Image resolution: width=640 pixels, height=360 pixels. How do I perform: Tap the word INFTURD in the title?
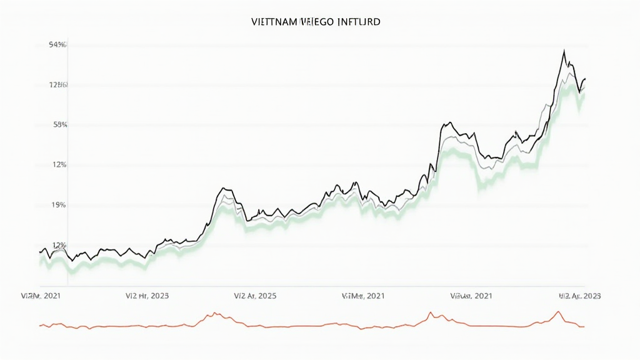click(359, 21)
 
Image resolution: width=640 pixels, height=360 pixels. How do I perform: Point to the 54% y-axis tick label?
click(57, 45)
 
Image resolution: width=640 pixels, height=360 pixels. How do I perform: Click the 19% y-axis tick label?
click(59, 205)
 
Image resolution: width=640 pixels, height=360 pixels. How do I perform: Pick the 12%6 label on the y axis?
click(58, 85)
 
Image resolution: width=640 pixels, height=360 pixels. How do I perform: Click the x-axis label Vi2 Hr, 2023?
click(147, 295)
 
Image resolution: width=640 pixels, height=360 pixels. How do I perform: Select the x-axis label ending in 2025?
click(255, 295)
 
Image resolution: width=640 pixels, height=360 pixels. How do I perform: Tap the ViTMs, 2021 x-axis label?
click(363, 295)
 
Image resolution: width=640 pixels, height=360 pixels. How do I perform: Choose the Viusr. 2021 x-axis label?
click(472, 295)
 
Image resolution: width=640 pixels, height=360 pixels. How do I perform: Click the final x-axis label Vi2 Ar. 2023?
click(579, 295)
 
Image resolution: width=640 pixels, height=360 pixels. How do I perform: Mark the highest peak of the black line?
click(564, 51)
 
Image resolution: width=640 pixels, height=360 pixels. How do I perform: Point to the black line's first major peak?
click(223, 187)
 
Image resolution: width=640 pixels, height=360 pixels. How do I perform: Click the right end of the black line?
click(585, 78)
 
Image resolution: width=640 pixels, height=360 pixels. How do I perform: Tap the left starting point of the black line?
click(39, 252)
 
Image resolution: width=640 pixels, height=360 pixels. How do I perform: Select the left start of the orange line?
click(39, 326)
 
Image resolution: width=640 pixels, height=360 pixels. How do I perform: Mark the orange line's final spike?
click(558, 311)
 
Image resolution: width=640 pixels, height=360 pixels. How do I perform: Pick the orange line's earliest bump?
click(214, 313)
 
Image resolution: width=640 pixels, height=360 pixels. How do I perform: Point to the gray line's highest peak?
click(568, 73)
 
